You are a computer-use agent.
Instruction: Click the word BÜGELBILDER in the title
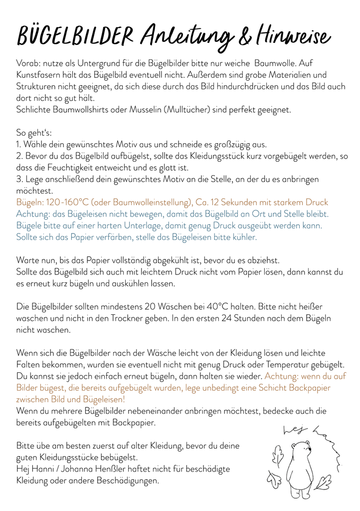pos(75,36)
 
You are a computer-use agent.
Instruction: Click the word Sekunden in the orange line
pos(260,202)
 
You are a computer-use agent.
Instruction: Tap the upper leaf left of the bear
pos(277,457)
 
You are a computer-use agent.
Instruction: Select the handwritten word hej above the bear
pos(291,430)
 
